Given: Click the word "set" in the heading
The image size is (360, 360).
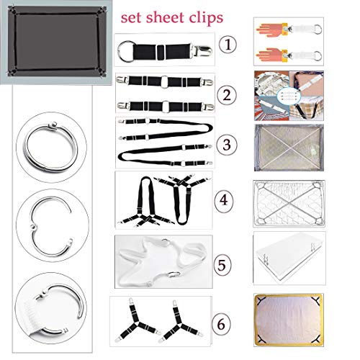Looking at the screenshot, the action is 132,18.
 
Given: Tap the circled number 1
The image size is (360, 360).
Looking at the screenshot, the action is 228,45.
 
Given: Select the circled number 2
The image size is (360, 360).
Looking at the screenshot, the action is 227,94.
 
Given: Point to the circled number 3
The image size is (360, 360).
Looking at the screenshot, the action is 227,145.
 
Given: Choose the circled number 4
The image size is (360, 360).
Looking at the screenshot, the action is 224,199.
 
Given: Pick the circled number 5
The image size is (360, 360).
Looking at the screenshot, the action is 222,265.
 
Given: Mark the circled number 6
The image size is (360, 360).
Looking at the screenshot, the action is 221,324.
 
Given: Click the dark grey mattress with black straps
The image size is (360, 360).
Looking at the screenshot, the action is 56,42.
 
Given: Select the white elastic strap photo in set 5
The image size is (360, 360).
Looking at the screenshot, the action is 163,261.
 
